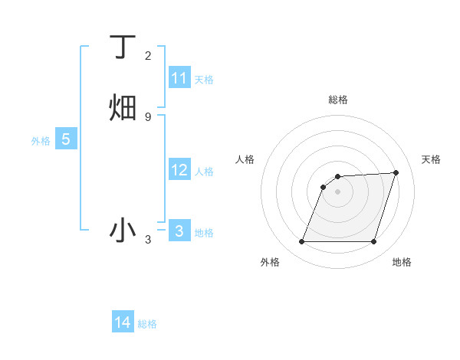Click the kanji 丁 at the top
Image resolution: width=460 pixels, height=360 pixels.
click(x=123, y=48)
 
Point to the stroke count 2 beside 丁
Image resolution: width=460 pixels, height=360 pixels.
click(x=148, y=56)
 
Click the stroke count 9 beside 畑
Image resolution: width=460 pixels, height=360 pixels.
click(x=148, y=116)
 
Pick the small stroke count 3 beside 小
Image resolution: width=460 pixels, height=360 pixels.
click(x=148, y=240)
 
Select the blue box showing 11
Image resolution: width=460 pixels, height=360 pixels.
click(x=179, y=78)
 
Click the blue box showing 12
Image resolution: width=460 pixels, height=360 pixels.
click(x=179, y=170)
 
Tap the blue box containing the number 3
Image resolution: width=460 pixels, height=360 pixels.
click(x=179, y=231)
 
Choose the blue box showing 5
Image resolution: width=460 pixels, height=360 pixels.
click(x=66, y=139)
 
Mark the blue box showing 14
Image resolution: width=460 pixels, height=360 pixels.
click(x=123, y=322)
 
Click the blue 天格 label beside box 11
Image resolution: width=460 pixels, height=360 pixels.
click(x=204, y=80)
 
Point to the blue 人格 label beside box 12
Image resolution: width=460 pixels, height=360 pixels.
click(x=204, y=172)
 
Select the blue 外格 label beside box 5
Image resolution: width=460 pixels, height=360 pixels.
click(x=41, y=141)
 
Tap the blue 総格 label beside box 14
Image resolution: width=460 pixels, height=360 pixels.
click(x=147, y=324)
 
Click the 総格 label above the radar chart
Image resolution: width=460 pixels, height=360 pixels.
click(x=337, y=100)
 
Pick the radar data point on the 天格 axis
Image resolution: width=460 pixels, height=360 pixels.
click(x=396, y=173)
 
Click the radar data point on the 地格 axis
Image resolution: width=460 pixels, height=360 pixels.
click(x=373, y=242)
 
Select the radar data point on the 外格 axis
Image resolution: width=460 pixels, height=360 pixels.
click(x=301, y=242)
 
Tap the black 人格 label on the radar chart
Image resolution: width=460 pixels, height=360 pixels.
click(x=245, y=159)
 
